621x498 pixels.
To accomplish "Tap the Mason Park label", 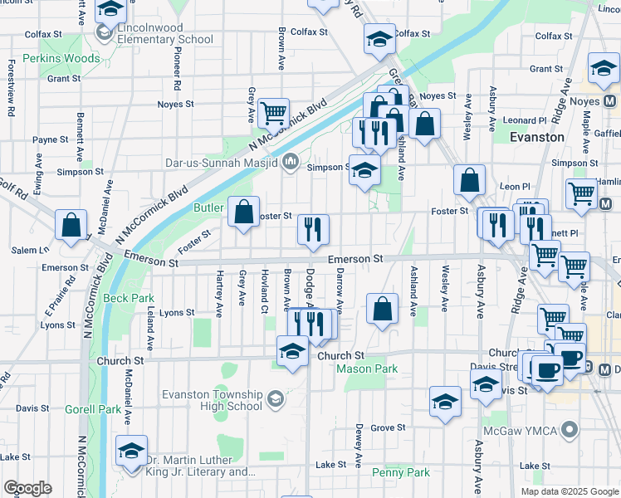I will [x=367, y=368].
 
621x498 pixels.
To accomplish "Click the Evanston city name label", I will [x=536, y=137].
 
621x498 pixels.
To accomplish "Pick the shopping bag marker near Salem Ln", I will [x=71, y=224].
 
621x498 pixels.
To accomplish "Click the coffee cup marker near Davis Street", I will [x=547, y=369].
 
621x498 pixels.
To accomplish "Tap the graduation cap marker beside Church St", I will [x=291, y=352].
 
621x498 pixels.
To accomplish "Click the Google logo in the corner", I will [x=27, y=488].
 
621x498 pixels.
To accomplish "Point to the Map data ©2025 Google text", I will [x=569, y=491].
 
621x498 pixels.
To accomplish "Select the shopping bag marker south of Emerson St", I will [x=381, y=310].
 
